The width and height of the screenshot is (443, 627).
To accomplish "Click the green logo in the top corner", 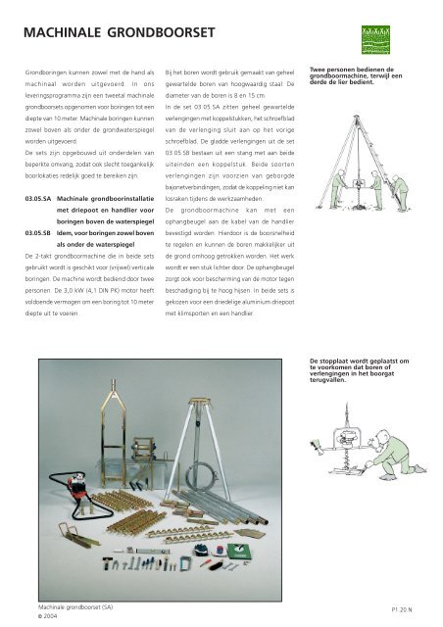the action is [x=375, y=39].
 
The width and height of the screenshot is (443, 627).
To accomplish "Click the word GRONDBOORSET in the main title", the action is [x=161, y=32].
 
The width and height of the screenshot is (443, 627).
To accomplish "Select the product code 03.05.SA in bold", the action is [x=38, y=199].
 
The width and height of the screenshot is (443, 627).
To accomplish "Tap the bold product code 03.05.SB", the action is [x=38, y=233].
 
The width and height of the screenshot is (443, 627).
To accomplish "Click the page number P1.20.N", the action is [x=402, y=609].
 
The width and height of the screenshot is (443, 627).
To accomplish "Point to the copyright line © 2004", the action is [x=48, y=616].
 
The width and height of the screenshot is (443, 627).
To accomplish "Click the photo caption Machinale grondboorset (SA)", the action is [x=75, y=607].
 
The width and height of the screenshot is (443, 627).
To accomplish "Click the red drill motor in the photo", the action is [x=76, y=485].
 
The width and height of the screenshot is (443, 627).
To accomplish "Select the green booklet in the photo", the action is [x=239, y=552].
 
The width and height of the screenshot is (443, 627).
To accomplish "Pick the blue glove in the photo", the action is [x=201, y=551].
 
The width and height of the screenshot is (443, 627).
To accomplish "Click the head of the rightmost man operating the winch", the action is [x=396, y=177].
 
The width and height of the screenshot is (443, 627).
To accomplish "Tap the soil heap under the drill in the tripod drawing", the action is [x=359, y=207].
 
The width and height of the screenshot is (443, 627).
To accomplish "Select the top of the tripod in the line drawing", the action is [x=356, y=117].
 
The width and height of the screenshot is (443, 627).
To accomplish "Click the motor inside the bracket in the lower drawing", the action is [x=346, y=437].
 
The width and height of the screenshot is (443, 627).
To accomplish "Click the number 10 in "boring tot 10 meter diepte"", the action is [x=127, y=302].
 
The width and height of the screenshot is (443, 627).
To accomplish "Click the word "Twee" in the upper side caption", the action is [x=317, y=70].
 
